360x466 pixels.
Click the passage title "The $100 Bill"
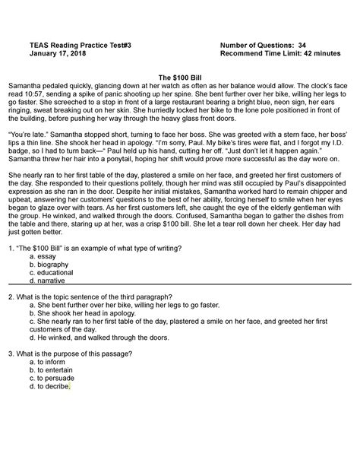tap(179, 78)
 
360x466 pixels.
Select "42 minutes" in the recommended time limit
tap(312, 54)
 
